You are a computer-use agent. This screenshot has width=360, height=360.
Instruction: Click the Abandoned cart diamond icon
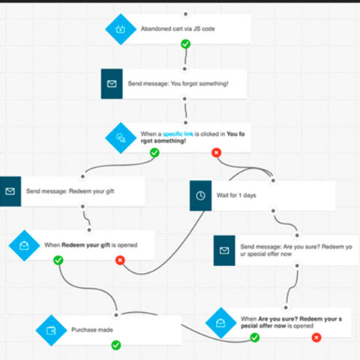click(119, 29)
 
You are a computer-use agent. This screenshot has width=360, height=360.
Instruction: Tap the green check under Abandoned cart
click(185, 44)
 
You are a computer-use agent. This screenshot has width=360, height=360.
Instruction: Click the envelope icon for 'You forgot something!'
click(112, 84)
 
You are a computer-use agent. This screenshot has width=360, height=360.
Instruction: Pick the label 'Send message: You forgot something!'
click(178, 84)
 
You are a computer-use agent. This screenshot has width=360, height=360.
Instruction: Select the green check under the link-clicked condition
click(154, 152)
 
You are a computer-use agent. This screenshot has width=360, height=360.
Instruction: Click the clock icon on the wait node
click(200, 195)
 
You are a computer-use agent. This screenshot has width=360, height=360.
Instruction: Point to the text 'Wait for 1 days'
click(238, 195)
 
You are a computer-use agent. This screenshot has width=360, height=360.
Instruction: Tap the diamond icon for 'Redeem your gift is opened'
click(25, 244)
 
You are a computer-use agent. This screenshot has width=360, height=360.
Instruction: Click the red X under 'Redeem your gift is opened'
click(119, 260)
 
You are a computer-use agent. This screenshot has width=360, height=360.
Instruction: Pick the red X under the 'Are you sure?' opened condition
click(316, 338)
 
